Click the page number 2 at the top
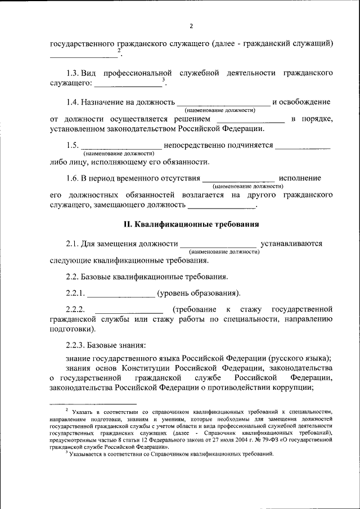[191, 26]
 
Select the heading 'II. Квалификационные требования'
[191, 224]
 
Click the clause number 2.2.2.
[75, 309]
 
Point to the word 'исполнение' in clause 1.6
[300, 178]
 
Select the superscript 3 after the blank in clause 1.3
[163, 80]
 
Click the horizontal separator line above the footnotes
[93, 403]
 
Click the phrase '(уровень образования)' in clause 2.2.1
[199, 293]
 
